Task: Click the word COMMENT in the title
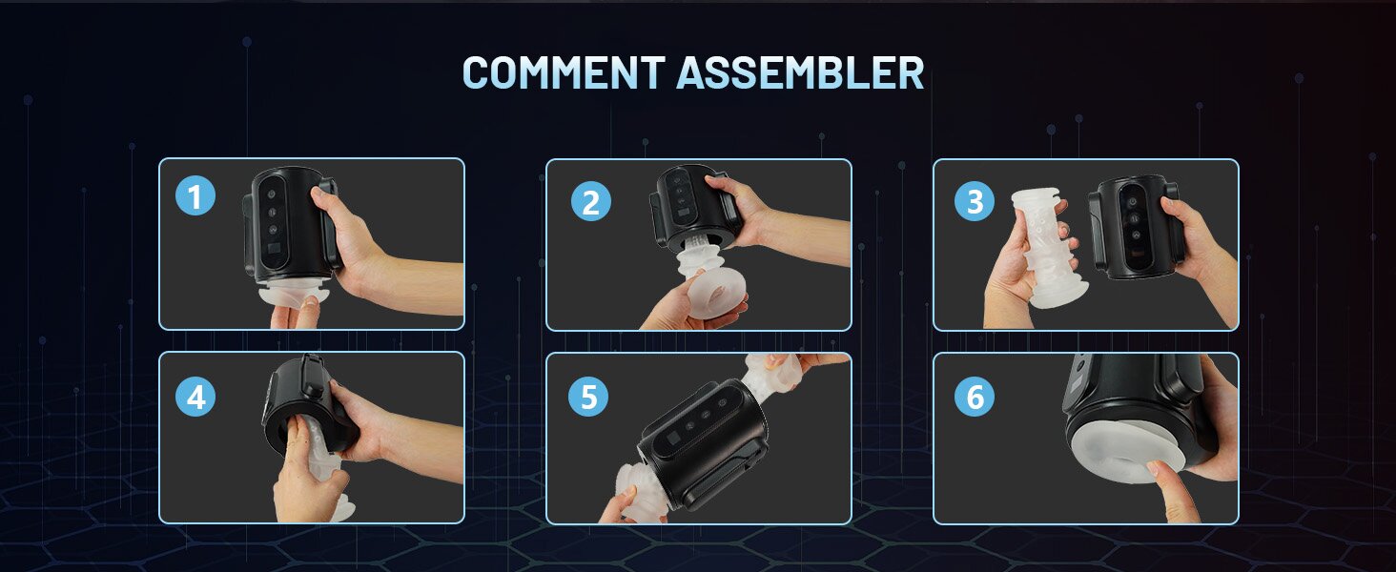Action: tap(564, 72)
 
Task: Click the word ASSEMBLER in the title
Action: tap(800, 72)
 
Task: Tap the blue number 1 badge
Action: tap(195, 195)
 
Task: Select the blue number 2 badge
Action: tap(591, 201)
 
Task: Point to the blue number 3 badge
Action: tap(975, 200)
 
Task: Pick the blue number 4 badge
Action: tap(195, 397)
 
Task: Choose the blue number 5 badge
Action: tap(588, 397)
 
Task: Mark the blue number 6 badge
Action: tap(975, 397)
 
